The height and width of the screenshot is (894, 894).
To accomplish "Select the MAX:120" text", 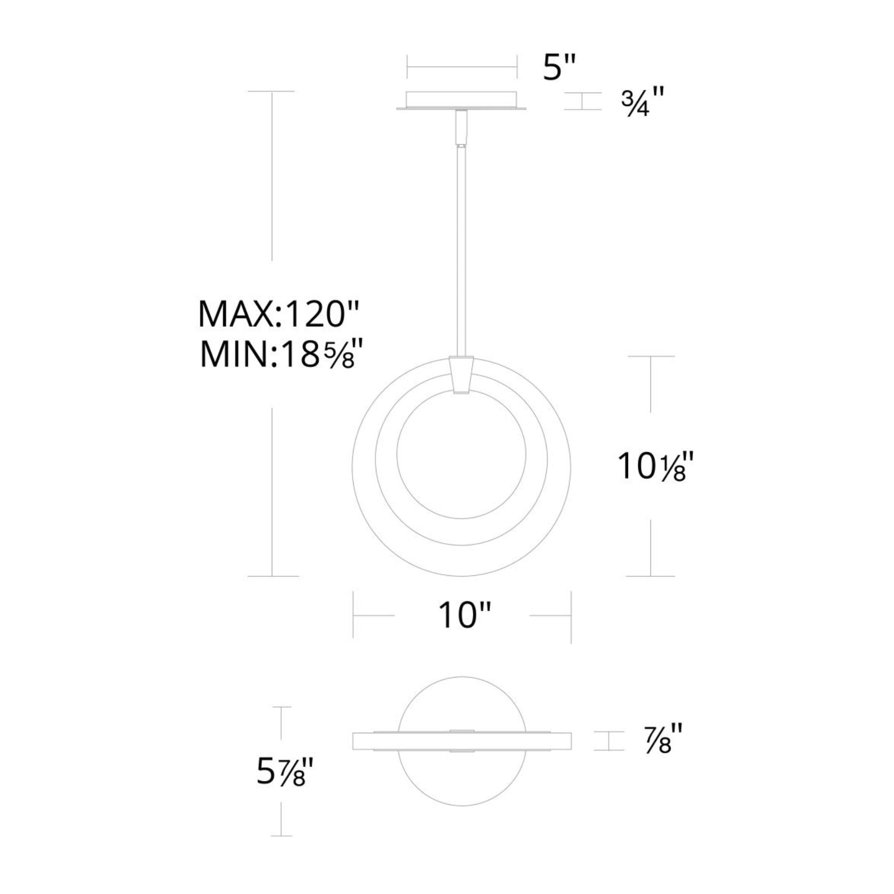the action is [278, 314].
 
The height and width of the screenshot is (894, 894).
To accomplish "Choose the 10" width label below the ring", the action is [463, 616].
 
